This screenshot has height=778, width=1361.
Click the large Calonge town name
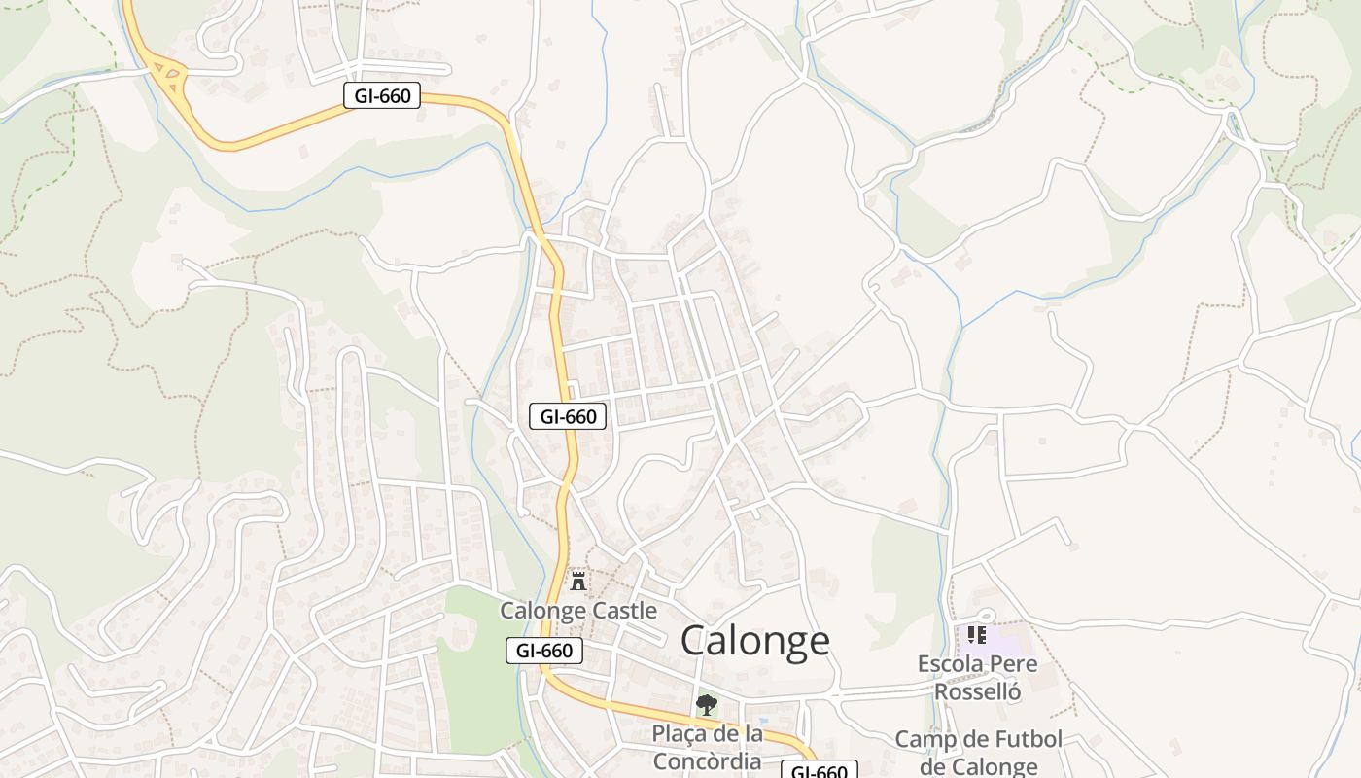point(754,641)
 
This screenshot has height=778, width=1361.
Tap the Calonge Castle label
point(578,611)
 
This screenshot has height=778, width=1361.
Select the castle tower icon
point(578,582)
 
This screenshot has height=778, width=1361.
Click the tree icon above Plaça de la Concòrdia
point(707,704)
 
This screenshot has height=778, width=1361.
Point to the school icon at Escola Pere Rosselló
point(977,635)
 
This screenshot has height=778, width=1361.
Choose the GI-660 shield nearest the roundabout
point(382,95)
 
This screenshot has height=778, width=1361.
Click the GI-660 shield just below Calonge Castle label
point(544,651)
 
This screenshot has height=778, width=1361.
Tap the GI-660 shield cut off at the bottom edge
point(820,771)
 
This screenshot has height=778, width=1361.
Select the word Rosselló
point(977,691)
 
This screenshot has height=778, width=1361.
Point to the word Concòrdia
point(707,760)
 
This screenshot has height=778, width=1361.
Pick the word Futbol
point(1019,740)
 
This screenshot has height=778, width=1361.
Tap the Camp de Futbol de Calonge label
point(978,753)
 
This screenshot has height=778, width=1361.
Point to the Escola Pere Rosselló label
point(977,678)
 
